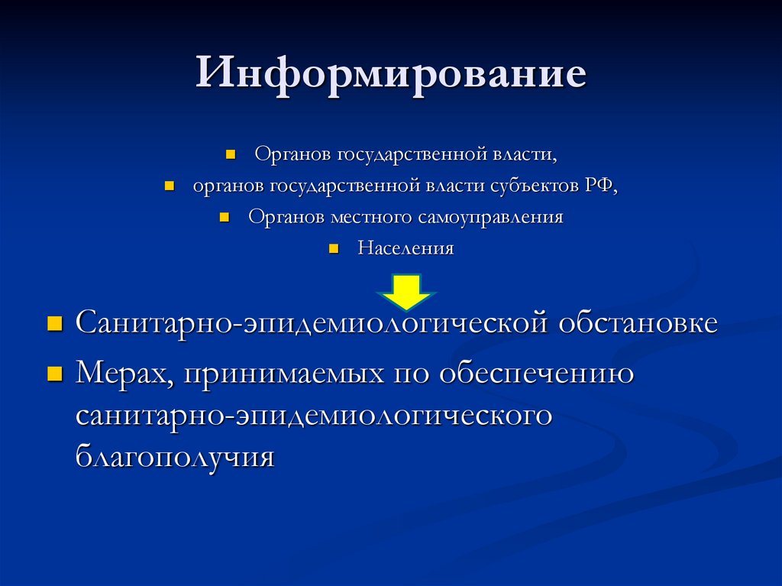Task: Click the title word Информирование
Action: pos(390,75)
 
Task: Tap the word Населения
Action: pos(406,249)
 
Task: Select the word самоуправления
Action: pos(490,217)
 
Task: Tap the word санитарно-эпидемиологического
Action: pos(314,416)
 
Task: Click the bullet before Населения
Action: pos(333,249)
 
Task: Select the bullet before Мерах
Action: pos(54,374)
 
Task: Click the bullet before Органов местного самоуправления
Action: pos(224,217)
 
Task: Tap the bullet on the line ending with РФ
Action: pos(169,186)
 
